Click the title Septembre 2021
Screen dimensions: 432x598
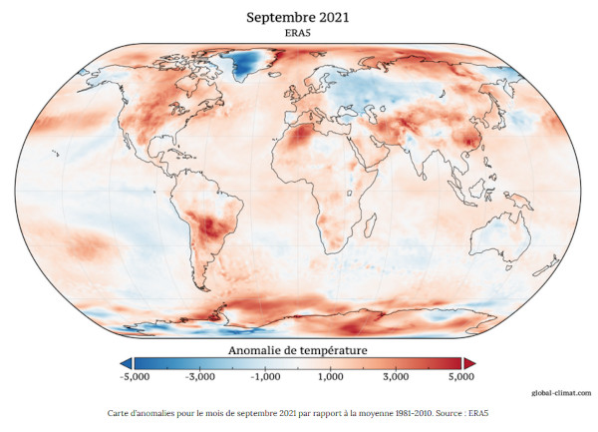click(x=299, y=17)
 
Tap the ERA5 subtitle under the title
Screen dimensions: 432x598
click(x=299, y=33)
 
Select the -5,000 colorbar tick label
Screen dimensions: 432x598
click(x=135, y=378)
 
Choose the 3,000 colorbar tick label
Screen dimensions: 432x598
click(x=396, y=378)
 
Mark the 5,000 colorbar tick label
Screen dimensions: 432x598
click(x=460, y=378)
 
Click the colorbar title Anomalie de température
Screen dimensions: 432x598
click(x=298, y=350)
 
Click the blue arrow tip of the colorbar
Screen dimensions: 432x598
click(x=125, y=363)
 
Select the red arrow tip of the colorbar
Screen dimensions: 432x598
click(x=469, y=363)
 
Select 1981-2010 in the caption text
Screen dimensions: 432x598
click(x=400, y=412)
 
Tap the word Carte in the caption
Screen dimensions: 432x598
click(x=118, y=412)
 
